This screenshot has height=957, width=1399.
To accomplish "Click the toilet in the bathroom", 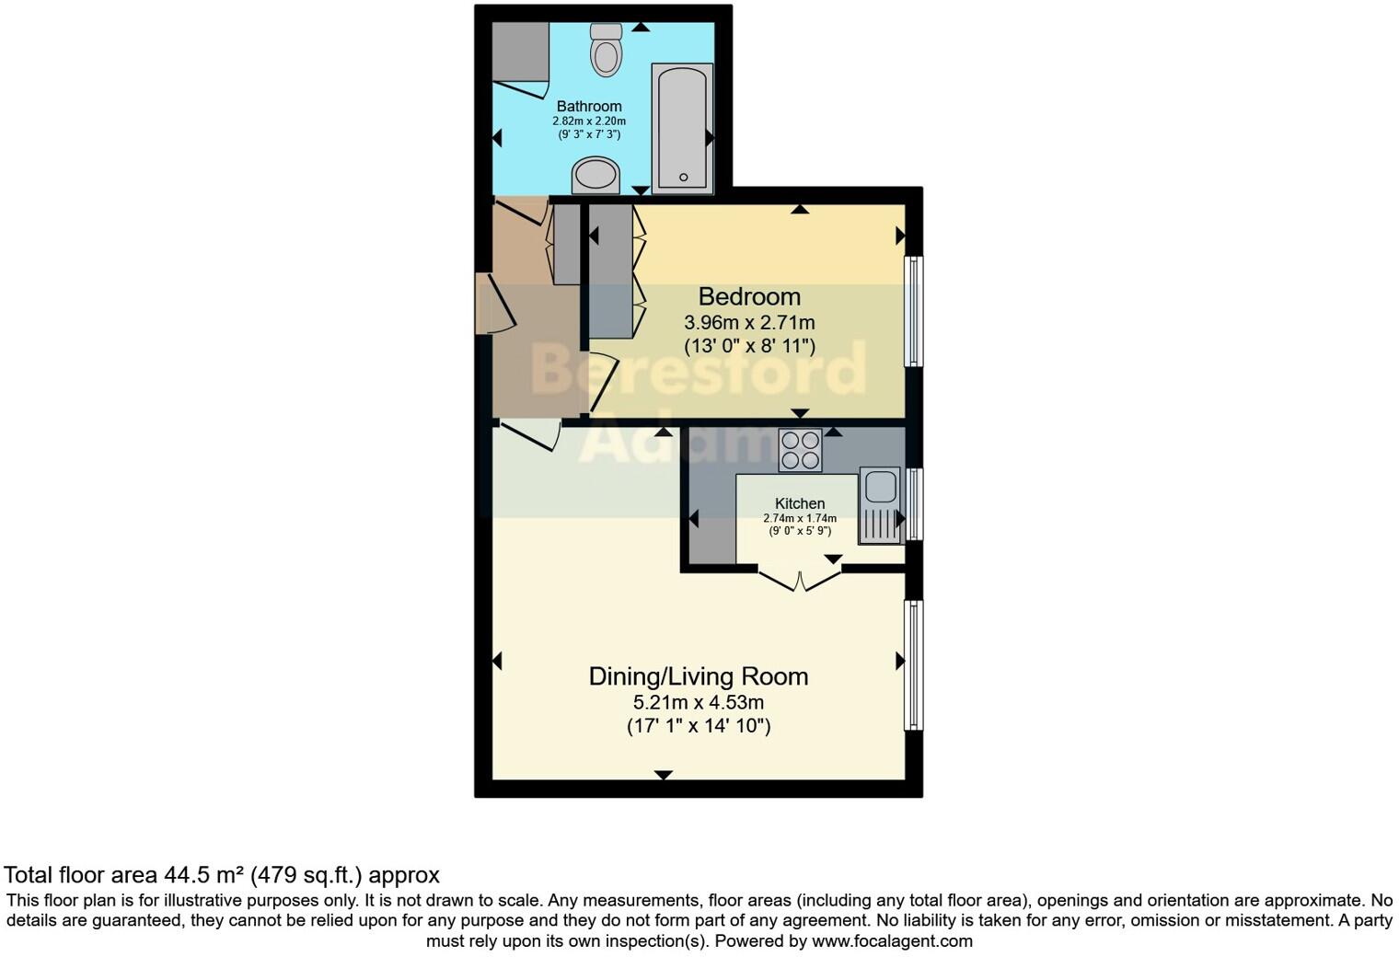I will point(606,50).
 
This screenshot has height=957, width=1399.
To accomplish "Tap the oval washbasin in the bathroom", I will point(596,175).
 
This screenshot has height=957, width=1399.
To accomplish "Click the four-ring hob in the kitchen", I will point(800,451).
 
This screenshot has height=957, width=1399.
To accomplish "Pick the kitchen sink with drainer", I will point(879,505).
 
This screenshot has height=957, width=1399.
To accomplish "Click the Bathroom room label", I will point(589,106).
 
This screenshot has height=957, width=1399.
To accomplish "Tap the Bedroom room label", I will point(749,296).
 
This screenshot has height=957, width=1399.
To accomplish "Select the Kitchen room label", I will point(800,503).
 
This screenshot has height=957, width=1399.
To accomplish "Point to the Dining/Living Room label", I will point(699,676).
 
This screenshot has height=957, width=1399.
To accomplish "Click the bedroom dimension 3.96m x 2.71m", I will point(749,323).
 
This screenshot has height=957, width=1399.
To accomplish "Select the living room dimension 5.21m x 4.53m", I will point(699,702).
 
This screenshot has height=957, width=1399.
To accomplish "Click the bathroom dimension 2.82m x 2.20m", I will point(589,121).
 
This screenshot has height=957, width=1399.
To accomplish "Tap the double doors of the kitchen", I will point(800,580).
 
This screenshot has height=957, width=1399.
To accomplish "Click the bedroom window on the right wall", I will point(914,311).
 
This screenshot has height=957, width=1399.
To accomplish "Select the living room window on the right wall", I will point(914,664).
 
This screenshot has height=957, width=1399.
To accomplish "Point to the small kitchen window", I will point(914,504).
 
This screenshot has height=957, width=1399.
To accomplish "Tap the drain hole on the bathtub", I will point(683,177).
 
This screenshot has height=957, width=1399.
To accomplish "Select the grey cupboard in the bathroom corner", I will point(520,52).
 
